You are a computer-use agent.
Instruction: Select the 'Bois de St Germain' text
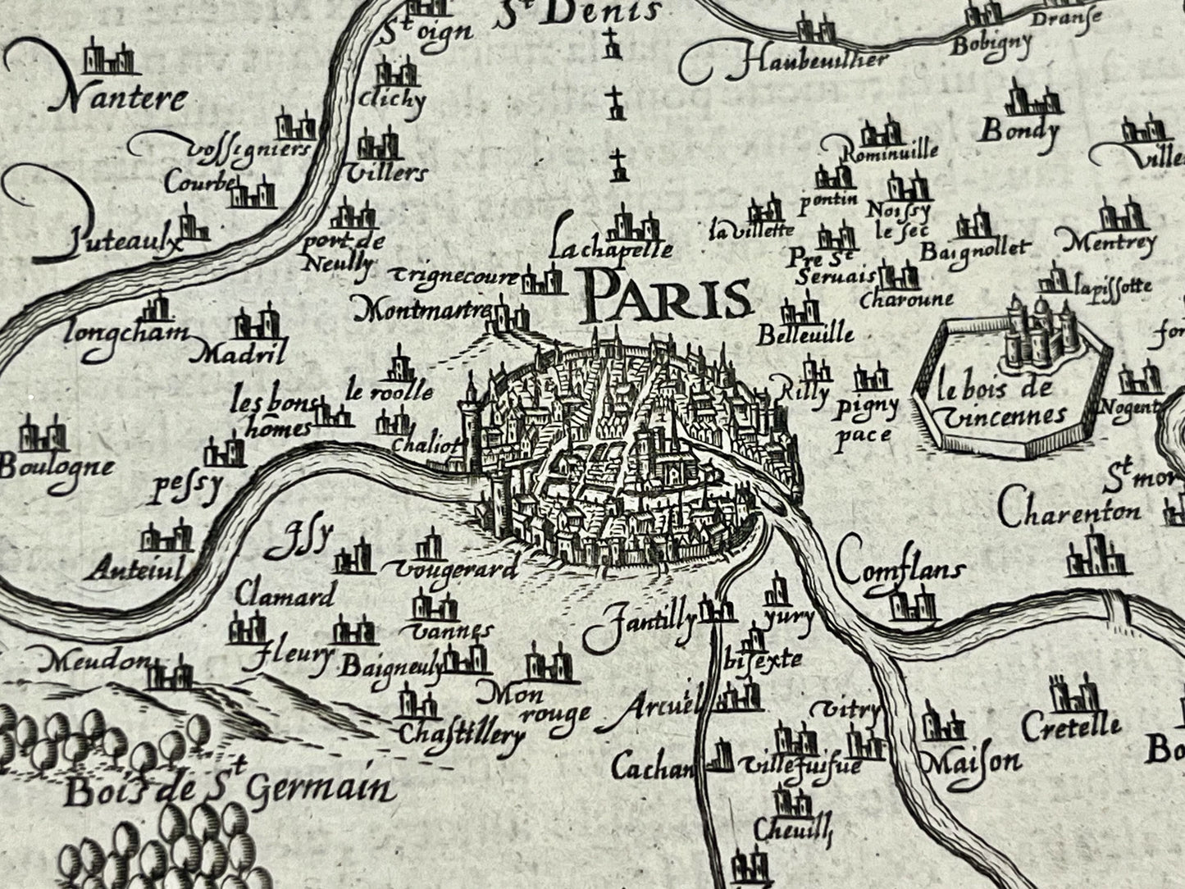click(x=227, y=789)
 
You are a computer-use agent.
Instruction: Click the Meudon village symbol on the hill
click(x=172, y=676)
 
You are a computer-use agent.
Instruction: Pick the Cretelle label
click(x=1070, y=726)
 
